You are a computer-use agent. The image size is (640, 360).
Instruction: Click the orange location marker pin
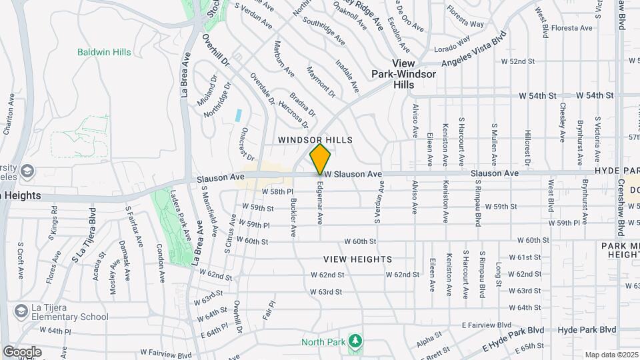click(x=320, y=159)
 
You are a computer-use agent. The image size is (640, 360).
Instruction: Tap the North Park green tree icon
click(x=356, y=341)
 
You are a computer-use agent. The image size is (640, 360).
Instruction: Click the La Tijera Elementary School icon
click(x=21, y=311)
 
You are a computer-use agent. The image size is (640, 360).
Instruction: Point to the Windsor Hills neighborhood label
click(x=315, y=140)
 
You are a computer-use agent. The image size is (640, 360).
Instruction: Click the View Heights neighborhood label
click(x=358, y=259)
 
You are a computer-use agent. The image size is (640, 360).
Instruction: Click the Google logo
click(x=22, y=351)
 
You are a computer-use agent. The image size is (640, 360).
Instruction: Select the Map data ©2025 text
click(x=611, y=355)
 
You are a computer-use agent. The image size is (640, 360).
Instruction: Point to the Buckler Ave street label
click(x=293, y=217)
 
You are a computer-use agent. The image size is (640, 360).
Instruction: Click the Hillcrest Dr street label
click(x=527, y=147)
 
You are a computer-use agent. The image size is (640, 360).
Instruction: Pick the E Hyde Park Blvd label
click(x=513, y=340)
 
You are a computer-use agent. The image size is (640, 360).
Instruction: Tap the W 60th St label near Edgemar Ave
click(x=361, y=241)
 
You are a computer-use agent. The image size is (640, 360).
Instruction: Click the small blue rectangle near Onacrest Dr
click(x=238, y=114)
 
